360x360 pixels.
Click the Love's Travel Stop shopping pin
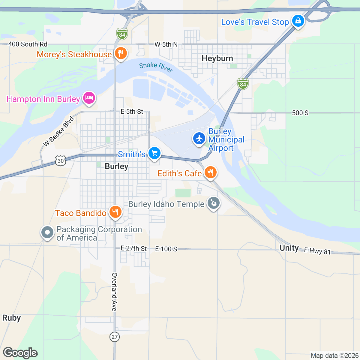coord(298,21)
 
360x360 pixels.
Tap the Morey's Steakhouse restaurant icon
coord(121,54)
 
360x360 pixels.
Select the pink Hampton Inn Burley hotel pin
coord(89,98)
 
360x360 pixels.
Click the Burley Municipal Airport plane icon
coord(199,139)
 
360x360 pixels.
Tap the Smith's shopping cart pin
coord(154,153)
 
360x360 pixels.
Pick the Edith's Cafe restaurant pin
coord(210,172)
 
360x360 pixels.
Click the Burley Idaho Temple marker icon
coord(213,203)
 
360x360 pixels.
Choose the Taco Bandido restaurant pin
coord(115,212)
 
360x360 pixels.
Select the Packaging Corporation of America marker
coord(47,232)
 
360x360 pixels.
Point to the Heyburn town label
coord(217,58)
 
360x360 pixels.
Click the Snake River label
coord(156,67)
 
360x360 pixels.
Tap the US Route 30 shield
coord(61,161)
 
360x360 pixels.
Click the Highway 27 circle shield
coord(114,337)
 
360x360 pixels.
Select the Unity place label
coord(289,248)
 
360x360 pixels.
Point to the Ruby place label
coord(11,318)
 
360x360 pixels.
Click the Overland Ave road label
coord(114,292)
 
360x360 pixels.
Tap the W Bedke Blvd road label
coord(58,131)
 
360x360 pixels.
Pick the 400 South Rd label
coord(28,44)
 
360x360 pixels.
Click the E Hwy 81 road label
coord(317,251)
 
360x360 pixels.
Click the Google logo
coord(20,353)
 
